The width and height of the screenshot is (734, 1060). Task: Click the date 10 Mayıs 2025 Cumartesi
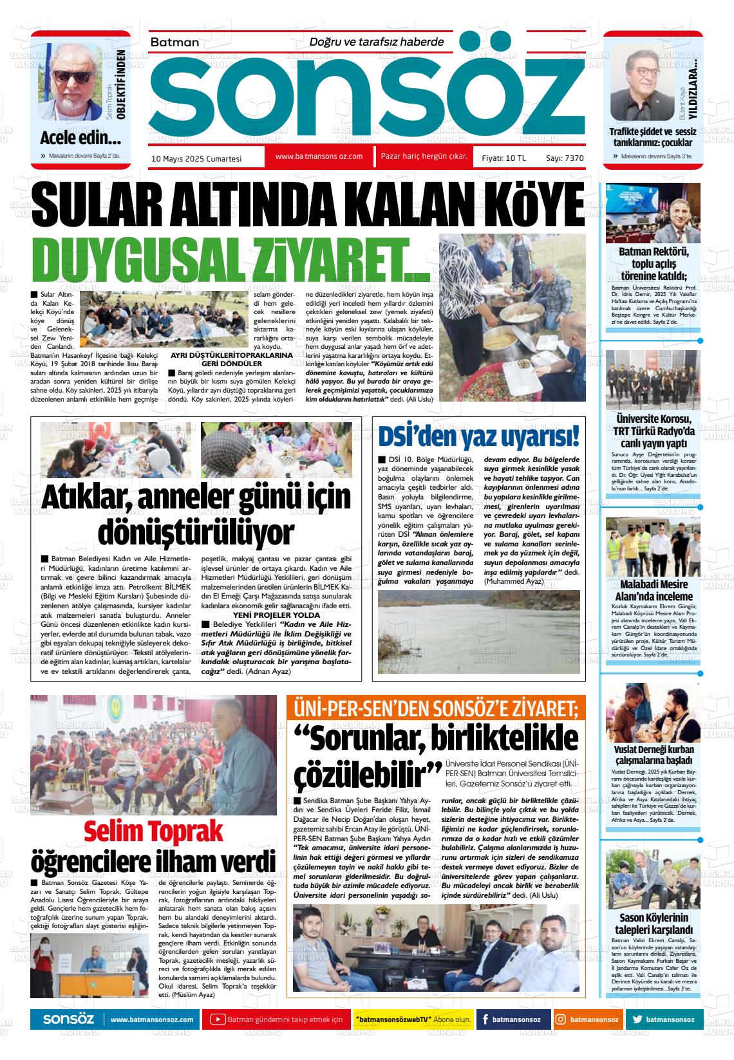click(x=196, y=158)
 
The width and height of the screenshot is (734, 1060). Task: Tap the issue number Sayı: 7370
click(x=565, y=158)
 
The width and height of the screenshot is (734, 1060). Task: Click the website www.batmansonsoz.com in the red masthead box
click(x=319, y=156)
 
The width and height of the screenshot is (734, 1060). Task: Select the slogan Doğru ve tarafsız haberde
click(x=377, y=42)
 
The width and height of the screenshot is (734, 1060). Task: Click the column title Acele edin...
click(x=80, y=138)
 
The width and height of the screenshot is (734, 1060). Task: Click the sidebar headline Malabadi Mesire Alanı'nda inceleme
click(x=653, y=590)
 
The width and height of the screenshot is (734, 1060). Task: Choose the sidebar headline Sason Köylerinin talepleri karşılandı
click(x=654, y=924)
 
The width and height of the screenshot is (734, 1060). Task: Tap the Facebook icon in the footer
click(x=484, y=1020)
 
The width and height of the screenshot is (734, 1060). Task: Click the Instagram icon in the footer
click(x=561, y=1020)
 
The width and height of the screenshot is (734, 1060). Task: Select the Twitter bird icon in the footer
click(x=637, y=1020)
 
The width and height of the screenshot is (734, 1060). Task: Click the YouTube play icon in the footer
click(x=218, y=1020)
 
